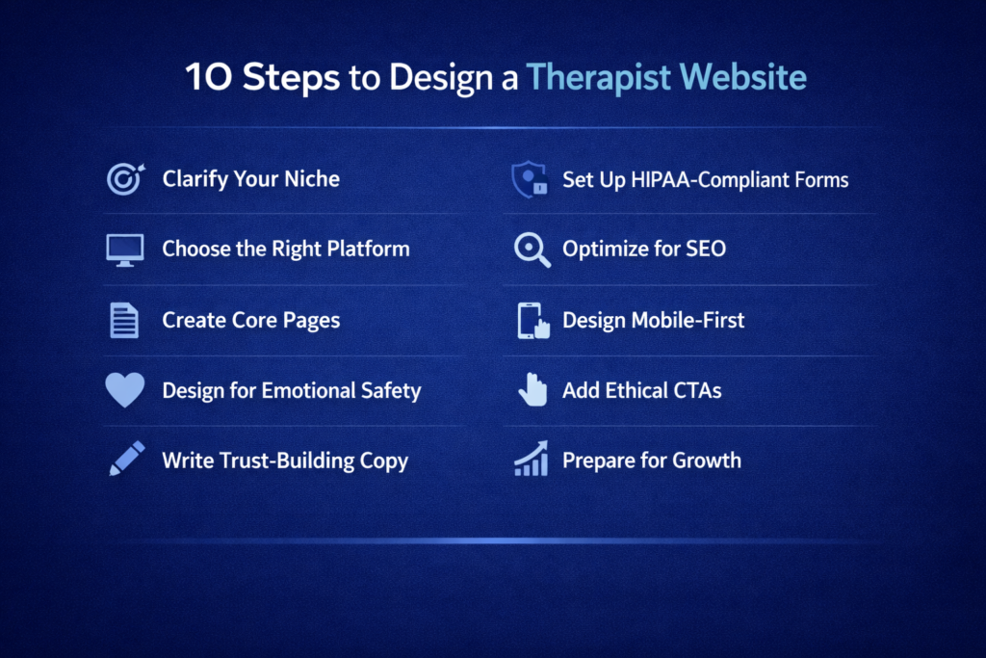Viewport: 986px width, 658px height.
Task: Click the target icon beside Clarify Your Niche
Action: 125,179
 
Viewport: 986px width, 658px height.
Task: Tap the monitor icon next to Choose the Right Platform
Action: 125,250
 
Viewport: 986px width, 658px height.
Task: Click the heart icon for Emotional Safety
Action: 125,390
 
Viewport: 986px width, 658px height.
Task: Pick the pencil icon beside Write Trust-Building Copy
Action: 126,460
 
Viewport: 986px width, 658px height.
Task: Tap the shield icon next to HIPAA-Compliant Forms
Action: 529,180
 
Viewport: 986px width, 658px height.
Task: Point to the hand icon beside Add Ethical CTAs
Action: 532,390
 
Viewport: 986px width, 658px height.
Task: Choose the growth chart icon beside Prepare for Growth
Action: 531,460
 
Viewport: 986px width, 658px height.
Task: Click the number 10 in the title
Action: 209,78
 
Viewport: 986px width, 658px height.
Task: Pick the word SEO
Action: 705,249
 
